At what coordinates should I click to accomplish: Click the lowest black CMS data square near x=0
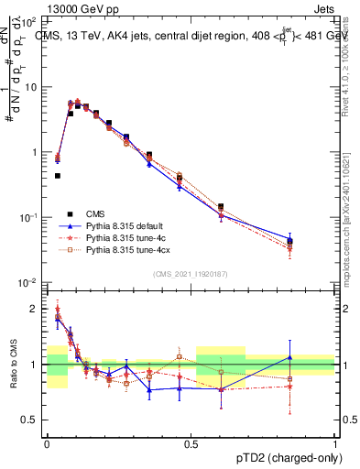point(58,175)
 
